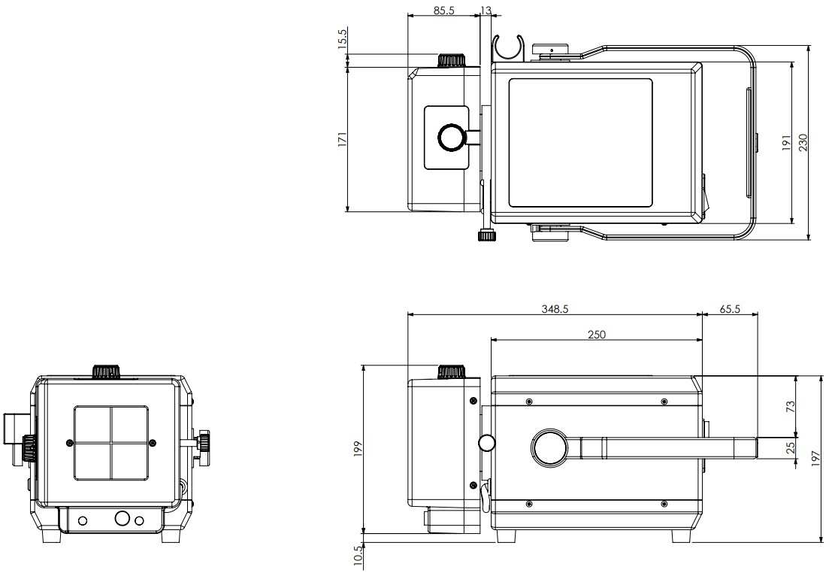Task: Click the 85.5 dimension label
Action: tap(443, 10)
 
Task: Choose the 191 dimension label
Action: tap(786, 143)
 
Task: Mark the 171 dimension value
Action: tap(342, 140)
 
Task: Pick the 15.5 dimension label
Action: tap(342, 39)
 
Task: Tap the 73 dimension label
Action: tap(790, 406)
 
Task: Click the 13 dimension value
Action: tap(485, 10)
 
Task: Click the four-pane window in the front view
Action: tap(111, 442)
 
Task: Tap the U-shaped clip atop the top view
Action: tap(509, 47)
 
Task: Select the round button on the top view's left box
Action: tap(451, 137)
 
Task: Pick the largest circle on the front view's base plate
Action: tap(122, 519)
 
